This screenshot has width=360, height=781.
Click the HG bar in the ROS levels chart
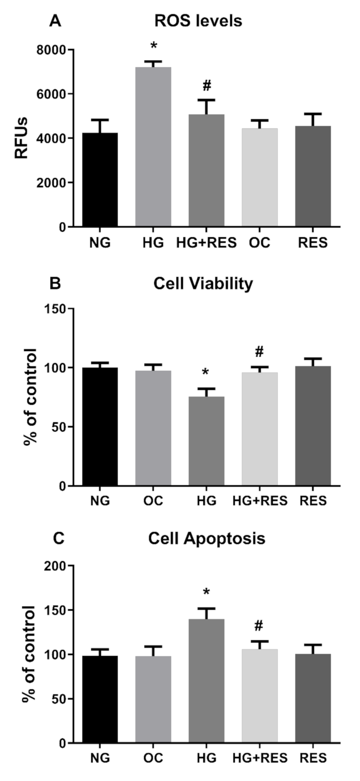pyautogui.click(x=153, y=147)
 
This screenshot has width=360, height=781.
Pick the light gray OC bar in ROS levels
pyautogui.click(x=260, y=177)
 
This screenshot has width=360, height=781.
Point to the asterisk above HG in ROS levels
pyautogui.click(x=154, y=46)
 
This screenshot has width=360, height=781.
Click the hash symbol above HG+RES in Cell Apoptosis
pyautogui.click(x=258, y=626)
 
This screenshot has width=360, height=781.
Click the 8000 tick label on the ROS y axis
pyautogui.click(x=51, y=50)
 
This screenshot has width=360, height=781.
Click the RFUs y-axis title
pyautogui.click(x=22, y=138)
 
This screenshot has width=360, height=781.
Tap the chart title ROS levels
pyautogui.click(x=198, y=21)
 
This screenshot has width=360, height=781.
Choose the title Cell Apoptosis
pyautogui.click(x=206, y=538)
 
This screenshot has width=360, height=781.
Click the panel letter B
pyautogui.click(x=55, y=283)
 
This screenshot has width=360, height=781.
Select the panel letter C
pyautogui.click(x=58, y=538)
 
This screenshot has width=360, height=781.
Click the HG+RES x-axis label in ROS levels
pyautogui.click(x=206, y=243)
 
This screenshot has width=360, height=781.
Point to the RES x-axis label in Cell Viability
pyautogui.click(x=313, y=501)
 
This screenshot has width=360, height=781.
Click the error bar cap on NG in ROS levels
pyautogui.click(x=100, y=120)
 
